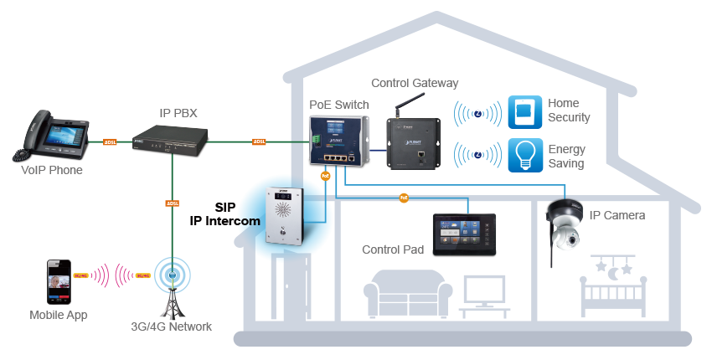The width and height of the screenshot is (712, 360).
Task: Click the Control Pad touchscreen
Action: click(x=463, y=233)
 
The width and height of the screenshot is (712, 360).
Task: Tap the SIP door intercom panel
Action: click(x=282, y=219)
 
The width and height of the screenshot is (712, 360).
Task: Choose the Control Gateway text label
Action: click(x=415, y=84)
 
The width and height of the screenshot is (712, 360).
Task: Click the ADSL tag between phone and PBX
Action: click(x=109, y=142)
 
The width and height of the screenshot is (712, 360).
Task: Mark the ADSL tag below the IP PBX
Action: click(x=173, y=203)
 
